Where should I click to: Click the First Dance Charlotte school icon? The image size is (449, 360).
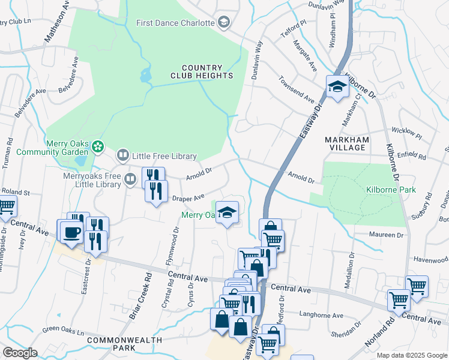tap(224, 23)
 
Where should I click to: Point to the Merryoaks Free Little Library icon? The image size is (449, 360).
tap(130, 179)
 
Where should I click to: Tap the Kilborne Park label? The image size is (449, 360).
tap(390, 190)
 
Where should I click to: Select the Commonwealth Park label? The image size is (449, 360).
tap(124, 344)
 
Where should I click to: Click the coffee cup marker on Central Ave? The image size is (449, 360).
tap(71, 232)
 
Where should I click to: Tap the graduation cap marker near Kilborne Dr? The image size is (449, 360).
tap(337, 88)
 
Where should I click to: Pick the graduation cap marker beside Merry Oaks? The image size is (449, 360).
tap(226, 212)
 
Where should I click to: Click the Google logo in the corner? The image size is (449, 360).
tap(20, 353)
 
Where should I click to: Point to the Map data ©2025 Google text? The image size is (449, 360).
tap(412, 355)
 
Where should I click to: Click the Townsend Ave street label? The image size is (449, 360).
tap(296, 88)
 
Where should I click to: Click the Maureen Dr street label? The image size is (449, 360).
tap(388, 235)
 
